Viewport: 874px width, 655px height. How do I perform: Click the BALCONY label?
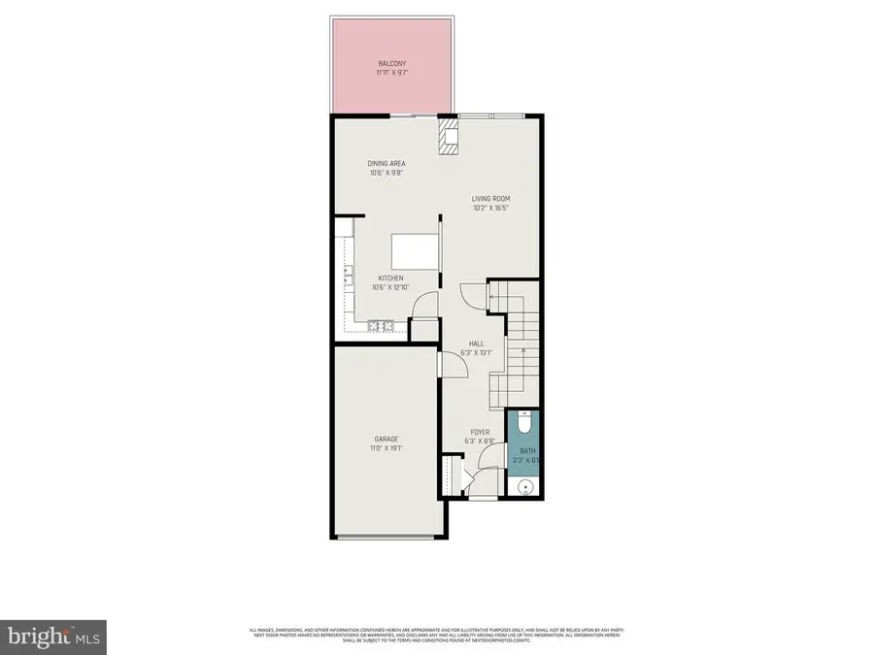(392, 64)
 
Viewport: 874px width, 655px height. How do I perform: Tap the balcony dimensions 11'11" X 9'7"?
(392, 73)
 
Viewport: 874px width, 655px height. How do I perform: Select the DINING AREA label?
(387, 163)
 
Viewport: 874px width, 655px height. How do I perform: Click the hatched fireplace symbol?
(448, 136)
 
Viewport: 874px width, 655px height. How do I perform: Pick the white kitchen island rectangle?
(415, 252)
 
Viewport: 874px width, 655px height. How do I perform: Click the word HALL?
(476, 344)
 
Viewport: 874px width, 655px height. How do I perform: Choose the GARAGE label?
(387, 439)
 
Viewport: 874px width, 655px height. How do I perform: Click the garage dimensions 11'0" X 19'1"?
(387, 447)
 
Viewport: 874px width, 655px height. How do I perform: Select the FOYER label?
(480, 432)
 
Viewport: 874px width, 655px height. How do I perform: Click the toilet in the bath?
(524, 422)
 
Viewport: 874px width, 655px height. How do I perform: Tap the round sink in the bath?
(525, 486)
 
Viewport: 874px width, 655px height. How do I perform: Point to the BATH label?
(527, 450)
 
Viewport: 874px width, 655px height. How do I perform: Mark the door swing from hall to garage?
(440, 364)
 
